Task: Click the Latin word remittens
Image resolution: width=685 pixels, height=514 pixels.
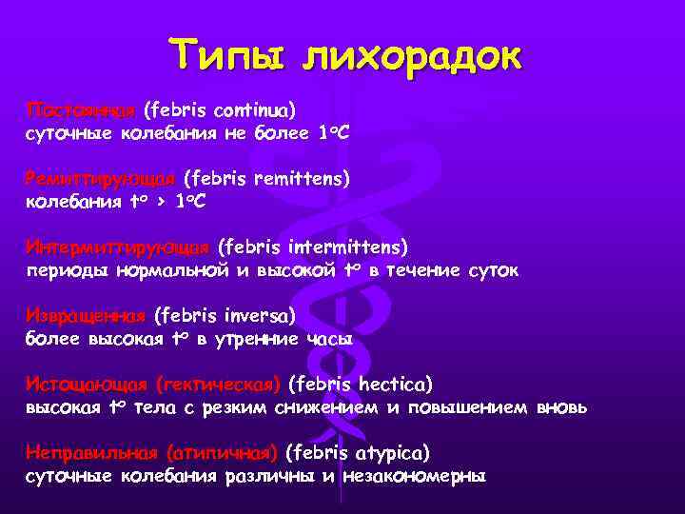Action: click(x=303, y=178)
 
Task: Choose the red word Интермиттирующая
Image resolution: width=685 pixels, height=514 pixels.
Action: click(x=118, y=247)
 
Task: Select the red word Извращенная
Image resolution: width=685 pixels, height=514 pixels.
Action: click(x=87, y=315)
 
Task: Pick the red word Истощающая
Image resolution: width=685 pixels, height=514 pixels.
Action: click(x=87, y=385)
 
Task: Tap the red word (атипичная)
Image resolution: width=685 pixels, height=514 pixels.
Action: click(x=222, y=452)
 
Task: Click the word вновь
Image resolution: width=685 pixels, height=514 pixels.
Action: click(x=562, y=407)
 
